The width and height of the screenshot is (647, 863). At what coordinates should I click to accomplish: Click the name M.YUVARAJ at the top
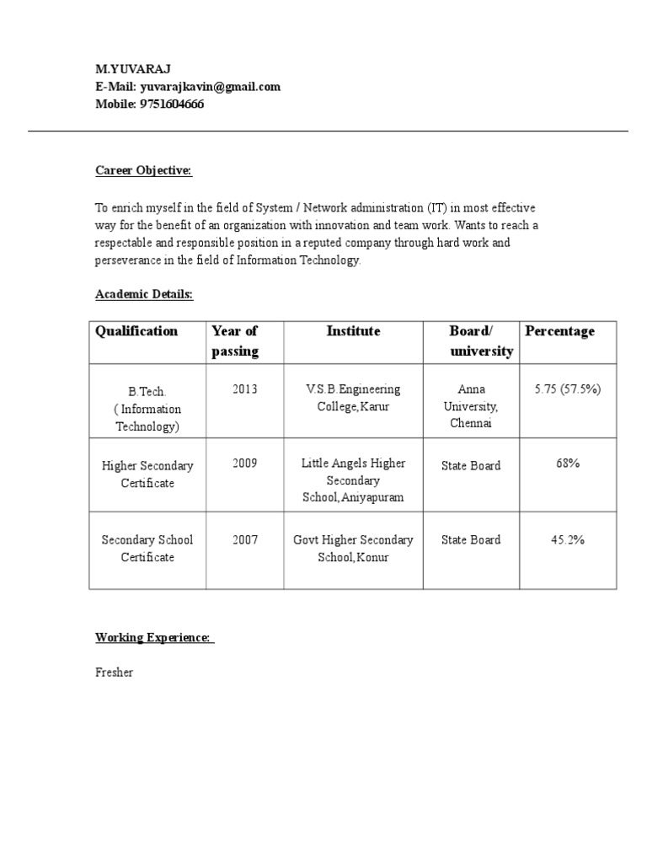pyautogui.click(x=132, y=69)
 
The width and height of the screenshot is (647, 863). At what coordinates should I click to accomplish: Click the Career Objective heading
pyautogui.click(x=143, y=171)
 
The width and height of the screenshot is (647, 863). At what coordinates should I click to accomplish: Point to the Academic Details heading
pyautogui.click(x=143, y=294)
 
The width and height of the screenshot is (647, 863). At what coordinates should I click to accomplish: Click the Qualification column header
pyautogui.click(x=136, y=331)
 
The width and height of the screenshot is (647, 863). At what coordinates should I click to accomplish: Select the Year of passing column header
pyautogui.click(x=235, y=341)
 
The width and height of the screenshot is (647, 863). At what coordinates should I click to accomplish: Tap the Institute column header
pyautogui.click(x=353, y=331)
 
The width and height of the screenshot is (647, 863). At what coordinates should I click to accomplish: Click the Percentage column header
pyautogui.click(x=559, y=331)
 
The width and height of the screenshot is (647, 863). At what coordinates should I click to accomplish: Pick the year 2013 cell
pyautogui.click(x=245, y=389)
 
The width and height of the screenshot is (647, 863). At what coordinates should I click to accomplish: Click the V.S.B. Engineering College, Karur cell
pyautogui.click(x=353, y=398)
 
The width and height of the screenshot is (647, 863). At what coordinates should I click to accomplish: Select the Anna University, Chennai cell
pyautogui.click(x=471, y=406)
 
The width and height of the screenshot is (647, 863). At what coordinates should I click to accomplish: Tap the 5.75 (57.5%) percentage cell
pyautogui.click(x=567, y=389)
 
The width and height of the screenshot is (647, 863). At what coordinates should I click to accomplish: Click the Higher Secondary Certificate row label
pyautogui.click(x=147, y=474)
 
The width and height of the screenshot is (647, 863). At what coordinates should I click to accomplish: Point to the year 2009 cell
pyautogui.click(x=245, y=464)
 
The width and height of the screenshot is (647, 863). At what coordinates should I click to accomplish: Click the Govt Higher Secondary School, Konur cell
pyautogui.click(x=353, y=549)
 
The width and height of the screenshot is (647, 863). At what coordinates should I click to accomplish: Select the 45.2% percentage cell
pyautogui.click(x=567, y=539)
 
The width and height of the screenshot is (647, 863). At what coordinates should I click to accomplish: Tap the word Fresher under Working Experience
pyautogui.click(x=114, y=673)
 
